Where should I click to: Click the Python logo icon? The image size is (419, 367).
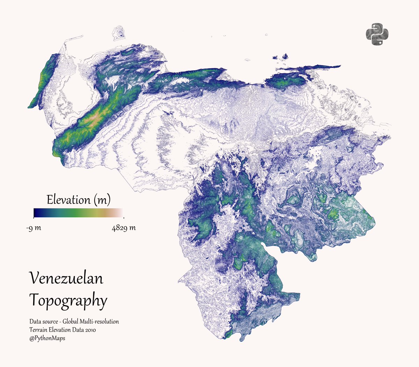click(x=377, y=34)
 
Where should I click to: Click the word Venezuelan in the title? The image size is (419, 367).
click(x=66, y=278)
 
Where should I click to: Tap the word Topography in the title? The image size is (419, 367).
click(x=68, y=301)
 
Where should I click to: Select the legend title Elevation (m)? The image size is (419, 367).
click(x=79, y=200)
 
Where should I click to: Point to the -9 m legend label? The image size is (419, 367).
click(x=34, y=228)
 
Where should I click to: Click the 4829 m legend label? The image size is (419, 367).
click(x=124, y=228)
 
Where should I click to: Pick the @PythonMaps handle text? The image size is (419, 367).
click(x=47, y=338)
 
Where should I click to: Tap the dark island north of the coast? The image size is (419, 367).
click(x=285, y=56)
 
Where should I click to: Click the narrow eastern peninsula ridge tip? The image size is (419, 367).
click(x=338, y=66)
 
